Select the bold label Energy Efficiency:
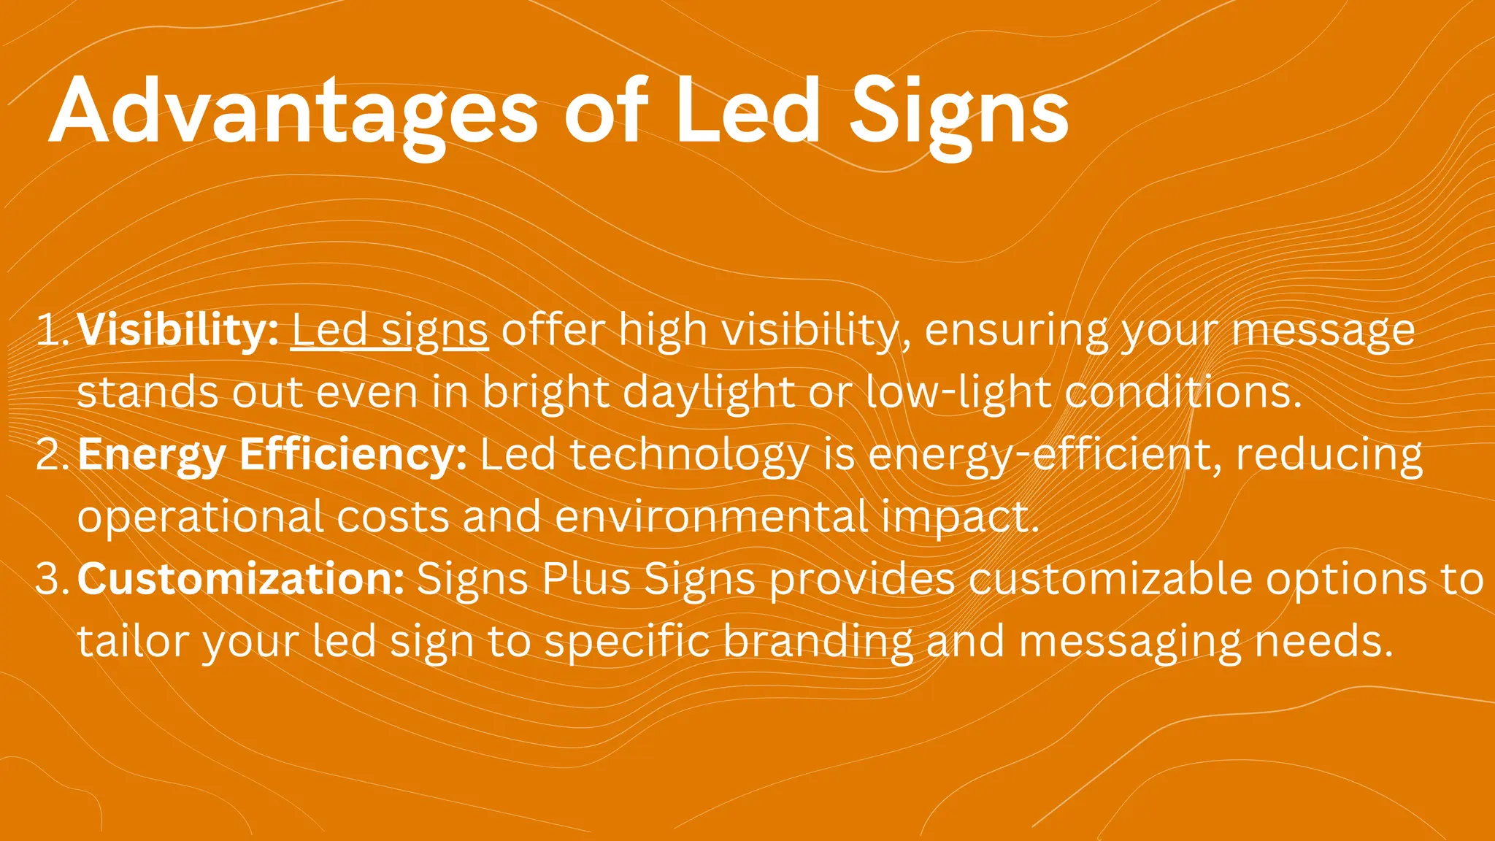click(272, 456)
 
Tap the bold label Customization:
click(241, 578)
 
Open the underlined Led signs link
click(390, 331)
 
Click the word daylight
click(708, 393)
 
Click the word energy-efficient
click(1045, 456)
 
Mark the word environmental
click(712, 517)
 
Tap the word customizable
click(1110, 579)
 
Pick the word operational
click(201, 518)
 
